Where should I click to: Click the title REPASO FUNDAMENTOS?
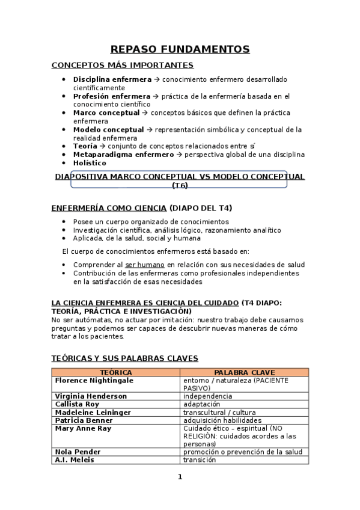click(180, 49)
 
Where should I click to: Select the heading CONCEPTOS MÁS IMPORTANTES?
click(123, 65)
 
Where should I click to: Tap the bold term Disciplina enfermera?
click(112, 79)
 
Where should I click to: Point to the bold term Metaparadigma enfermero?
click(123, 155)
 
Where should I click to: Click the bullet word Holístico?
click(90, 163)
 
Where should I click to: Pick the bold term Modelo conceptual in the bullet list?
click(108, 129)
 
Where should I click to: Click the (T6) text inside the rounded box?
click(180, 186)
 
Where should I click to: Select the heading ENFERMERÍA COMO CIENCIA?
click(109, 208)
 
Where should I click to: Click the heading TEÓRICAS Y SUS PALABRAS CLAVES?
click(125, 358)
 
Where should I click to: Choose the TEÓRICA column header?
click(116, 372)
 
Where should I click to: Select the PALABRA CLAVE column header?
click(245, 372)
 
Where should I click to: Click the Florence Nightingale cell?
click(94, 381)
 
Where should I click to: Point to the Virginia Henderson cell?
click(91, 396)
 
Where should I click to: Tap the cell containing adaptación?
click(203, 405)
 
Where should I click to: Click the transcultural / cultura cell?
click(220, 413)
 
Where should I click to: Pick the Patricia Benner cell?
click(84, 420)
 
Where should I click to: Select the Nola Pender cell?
click(78, 452)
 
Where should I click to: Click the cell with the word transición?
click(200, 459)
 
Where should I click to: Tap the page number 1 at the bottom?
click(180, 477)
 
